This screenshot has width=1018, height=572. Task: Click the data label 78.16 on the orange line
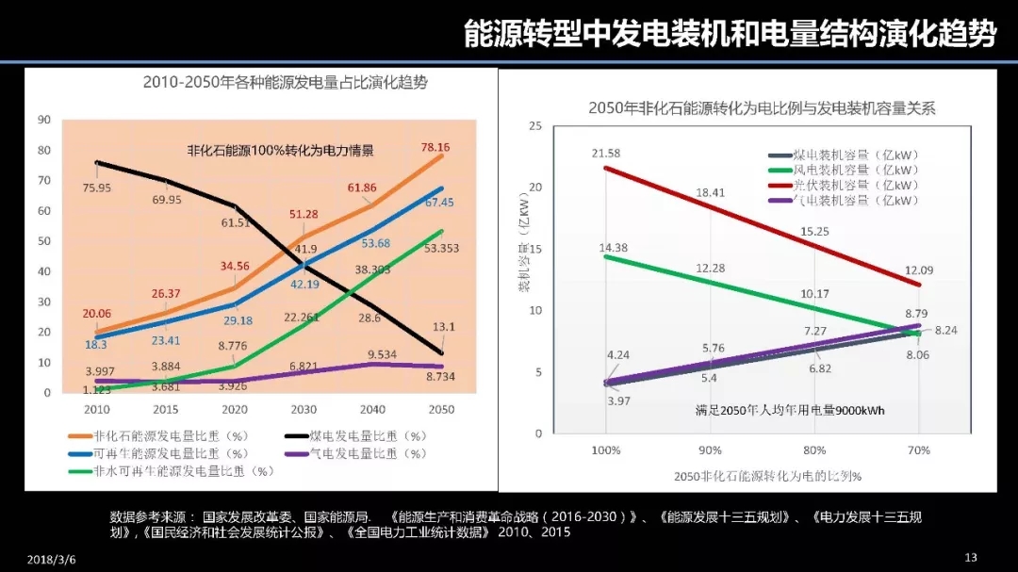[x=435, y=147]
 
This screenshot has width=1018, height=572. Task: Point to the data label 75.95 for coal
[x=96, y=188]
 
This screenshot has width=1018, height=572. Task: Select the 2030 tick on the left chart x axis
[x=304, y=410]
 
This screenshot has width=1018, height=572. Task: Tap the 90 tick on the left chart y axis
[x=43, y=119]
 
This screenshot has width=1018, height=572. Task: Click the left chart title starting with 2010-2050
[x=285, y=82]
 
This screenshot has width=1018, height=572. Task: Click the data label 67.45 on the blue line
[x=439, y=203]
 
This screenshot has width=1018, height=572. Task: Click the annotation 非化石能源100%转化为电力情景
[x=280, y=150]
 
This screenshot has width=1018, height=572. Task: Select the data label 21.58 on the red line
[x=606, y=153]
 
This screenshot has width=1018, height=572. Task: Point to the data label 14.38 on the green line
[x=606, y=248]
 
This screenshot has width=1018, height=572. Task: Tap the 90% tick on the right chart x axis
[x=711, y=450]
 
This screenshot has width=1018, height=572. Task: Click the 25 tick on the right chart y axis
[x=535, y=126]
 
